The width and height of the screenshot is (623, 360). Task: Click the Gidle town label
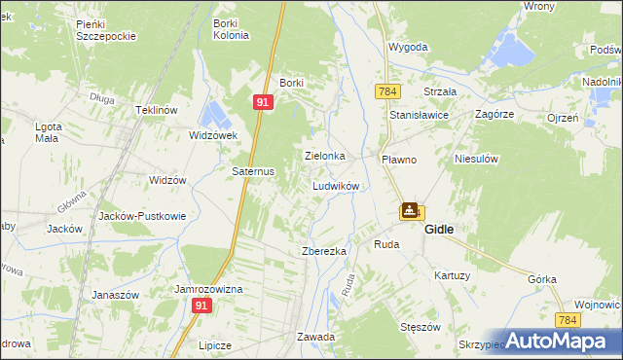443,229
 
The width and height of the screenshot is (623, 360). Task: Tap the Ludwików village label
336,185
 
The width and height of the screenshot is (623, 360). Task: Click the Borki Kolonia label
230,27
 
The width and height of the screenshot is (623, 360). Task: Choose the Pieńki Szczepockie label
107,27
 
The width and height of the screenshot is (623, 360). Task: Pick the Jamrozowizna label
208,290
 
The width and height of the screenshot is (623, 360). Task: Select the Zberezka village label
324,251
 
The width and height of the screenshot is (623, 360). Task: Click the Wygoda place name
408,47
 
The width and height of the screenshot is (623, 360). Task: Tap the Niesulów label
476,158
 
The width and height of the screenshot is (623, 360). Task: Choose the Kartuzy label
453,275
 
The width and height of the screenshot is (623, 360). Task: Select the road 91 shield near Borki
264,101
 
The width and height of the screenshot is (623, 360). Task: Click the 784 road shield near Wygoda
387,90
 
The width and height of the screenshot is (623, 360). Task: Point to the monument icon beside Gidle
410,210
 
